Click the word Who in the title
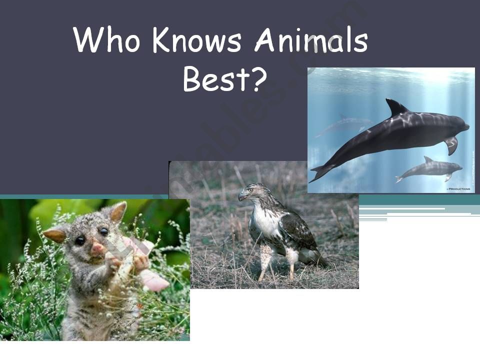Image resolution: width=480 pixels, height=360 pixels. pyautogui.click(x=106, y=40)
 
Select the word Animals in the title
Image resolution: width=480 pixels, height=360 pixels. pyautogui.click(x=311, y=41)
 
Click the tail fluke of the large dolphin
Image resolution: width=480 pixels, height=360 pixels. pyautogui.click(x=320, y=172)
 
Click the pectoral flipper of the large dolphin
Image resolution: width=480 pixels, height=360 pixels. pyautogui.click(x=451, y=145)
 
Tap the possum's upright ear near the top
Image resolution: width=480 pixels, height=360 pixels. pyautogui.click(x=118, y=212)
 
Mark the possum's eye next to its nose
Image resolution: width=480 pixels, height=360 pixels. pyautogui.click(x=103, y=232)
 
